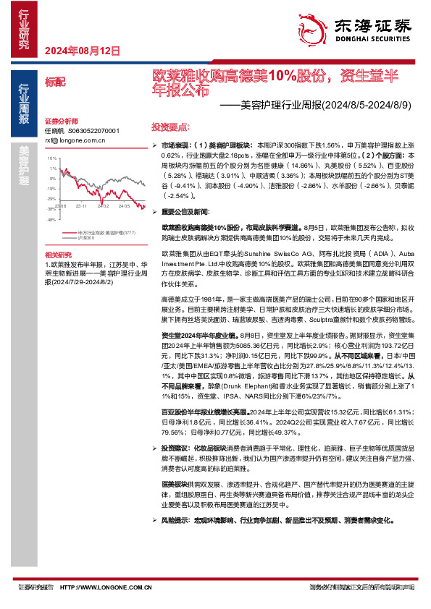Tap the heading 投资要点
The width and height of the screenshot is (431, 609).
(170, 125)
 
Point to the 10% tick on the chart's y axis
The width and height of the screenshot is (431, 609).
(52, 157)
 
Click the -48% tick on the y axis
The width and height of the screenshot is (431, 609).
(51, 218)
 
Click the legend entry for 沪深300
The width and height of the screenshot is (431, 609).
(86, 237)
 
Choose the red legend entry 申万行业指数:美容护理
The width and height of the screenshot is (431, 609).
(106, 232)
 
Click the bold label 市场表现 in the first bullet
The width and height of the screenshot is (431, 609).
(177, 145)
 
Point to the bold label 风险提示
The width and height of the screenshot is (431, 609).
(177, 519)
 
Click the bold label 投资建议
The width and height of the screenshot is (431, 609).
(177, 448)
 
